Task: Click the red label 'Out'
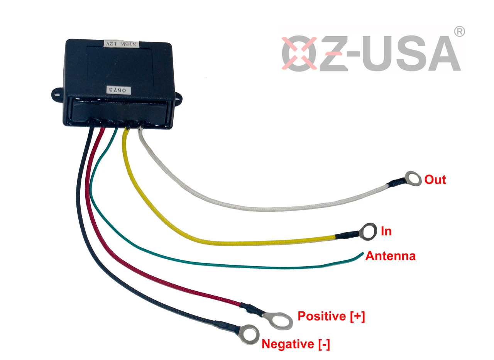[435, 179]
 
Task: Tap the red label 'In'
[386, 231]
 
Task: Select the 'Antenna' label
[390, 256]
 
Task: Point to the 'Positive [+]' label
[331, 316]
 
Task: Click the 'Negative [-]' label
[296, 344]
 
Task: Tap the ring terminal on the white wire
[413, 178]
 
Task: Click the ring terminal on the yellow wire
[367, 231]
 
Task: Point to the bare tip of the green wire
[362, 254]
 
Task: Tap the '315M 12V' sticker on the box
[122, 44]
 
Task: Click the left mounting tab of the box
[57, 93]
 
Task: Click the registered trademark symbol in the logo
[459, 32]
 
